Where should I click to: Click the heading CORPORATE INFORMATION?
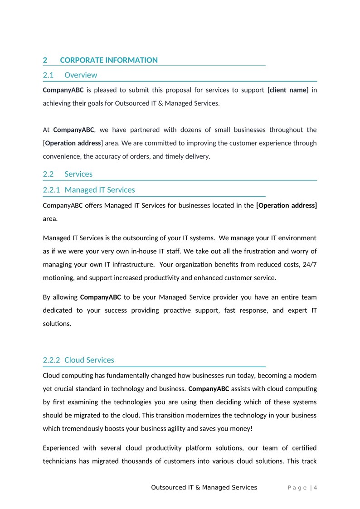click(109, 60)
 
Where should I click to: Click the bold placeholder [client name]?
click(288, 90)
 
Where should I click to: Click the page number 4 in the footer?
click(315, 488)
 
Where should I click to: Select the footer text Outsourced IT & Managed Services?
click(204, 488)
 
